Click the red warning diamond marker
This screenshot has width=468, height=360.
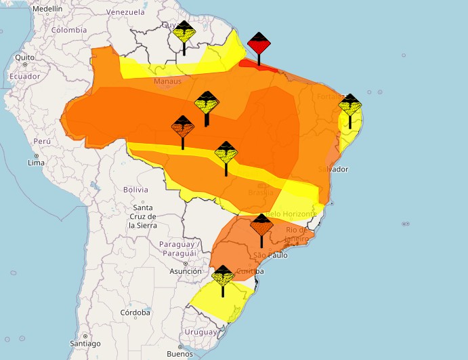259,45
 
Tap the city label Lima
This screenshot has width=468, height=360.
36,163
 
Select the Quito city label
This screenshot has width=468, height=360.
24,58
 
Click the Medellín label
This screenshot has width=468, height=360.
47,8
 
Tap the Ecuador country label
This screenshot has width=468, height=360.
24,76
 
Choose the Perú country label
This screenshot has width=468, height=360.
43,141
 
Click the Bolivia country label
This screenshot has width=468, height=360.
135,189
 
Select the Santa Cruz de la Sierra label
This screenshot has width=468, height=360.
142,216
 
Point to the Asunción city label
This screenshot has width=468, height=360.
186,271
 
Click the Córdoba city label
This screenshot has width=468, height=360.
135,313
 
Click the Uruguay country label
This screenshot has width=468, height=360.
201,332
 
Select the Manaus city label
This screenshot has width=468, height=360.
168,81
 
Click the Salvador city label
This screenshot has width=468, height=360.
333,169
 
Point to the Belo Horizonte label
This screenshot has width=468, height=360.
292,214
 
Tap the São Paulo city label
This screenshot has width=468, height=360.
271,255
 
